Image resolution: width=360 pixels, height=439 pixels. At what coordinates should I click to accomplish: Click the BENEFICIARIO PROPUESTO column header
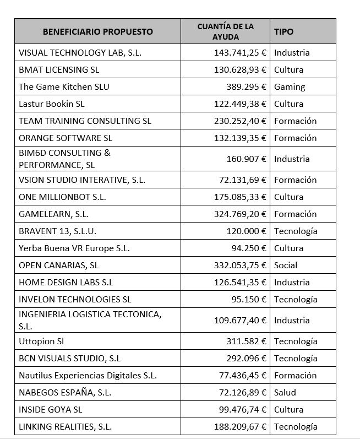[x=97, y=32]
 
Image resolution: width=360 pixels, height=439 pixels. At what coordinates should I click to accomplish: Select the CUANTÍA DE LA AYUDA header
[x=225, y=32]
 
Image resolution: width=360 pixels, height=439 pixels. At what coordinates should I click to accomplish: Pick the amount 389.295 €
[x=246, y=87]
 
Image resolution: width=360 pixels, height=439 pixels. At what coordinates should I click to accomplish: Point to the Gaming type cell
[x=290, y=87]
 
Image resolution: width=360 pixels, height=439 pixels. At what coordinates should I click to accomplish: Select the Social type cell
[x=286, y=265]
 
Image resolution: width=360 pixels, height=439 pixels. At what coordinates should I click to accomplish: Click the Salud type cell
[x=285, y=393]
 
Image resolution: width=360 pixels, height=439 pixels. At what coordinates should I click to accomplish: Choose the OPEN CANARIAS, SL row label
[x=59, y=265]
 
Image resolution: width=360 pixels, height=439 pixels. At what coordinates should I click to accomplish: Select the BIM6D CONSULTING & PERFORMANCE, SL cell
[x=64, y=159]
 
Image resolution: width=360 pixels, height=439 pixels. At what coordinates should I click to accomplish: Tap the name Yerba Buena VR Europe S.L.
[x=74, y=248]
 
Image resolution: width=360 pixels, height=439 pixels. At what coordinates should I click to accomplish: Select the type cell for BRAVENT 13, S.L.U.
[x=296, y=231]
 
